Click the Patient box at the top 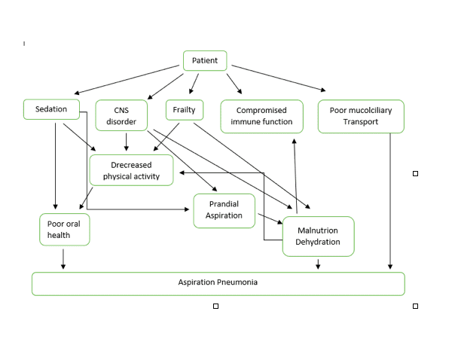pos(205,61)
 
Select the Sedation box pos(51,109)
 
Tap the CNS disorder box pos(121,116)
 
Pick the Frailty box pos(184,110)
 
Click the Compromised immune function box pos(261,116)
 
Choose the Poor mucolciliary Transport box pos(360,116)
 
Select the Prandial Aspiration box pos(224,210)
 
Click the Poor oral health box pos(64,229)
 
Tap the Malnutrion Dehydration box pos(318,236)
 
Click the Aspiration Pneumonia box pos(218,283)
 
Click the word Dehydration pos(318,242)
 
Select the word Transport pos(360,122)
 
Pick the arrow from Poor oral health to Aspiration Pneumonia pos(63,258)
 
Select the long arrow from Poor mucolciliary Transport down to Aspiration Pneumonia pos(390,200)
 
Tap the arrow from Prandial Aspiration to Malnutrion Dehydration pos(269,219)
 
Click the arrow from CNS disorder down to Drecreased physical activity pos(127,142)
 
